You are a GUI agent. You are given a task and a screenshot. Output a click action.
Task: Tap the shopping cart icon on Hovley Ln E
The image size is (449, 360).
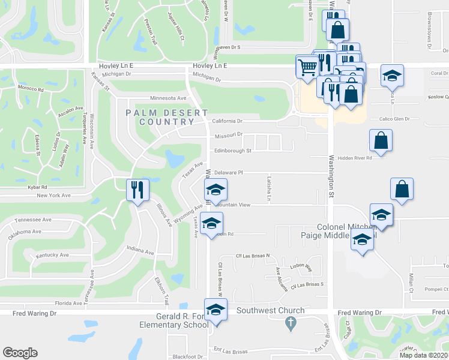[307, 66]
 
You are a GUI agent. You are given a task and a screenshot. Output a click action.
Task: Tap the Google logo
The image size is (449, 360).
[20, 353]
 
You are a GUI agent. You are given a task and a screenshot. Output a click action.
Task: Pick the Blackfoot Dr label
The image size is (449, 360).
[188, 356]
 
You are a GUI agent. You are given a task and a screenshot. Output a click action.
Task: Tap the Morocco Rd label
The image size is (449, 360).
[31, 89]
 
